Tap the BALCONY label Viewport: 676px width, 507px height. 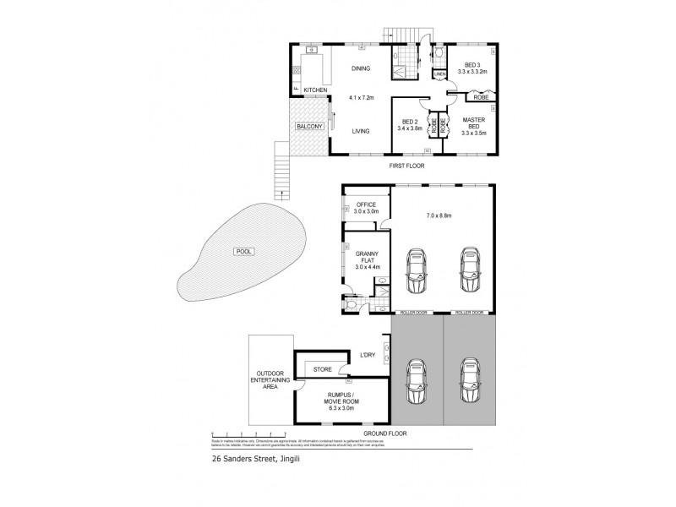click(x=308, y=128)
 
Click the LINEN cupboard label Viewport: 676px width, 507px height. click(x=439, y=74)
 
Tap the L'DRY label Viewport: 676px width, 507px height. click(x=368, y=355)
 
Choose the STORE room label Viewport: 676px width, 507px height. click(x=322, y=368)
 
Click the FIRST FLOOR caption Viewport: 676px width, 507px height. click(x=407, y=166)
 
